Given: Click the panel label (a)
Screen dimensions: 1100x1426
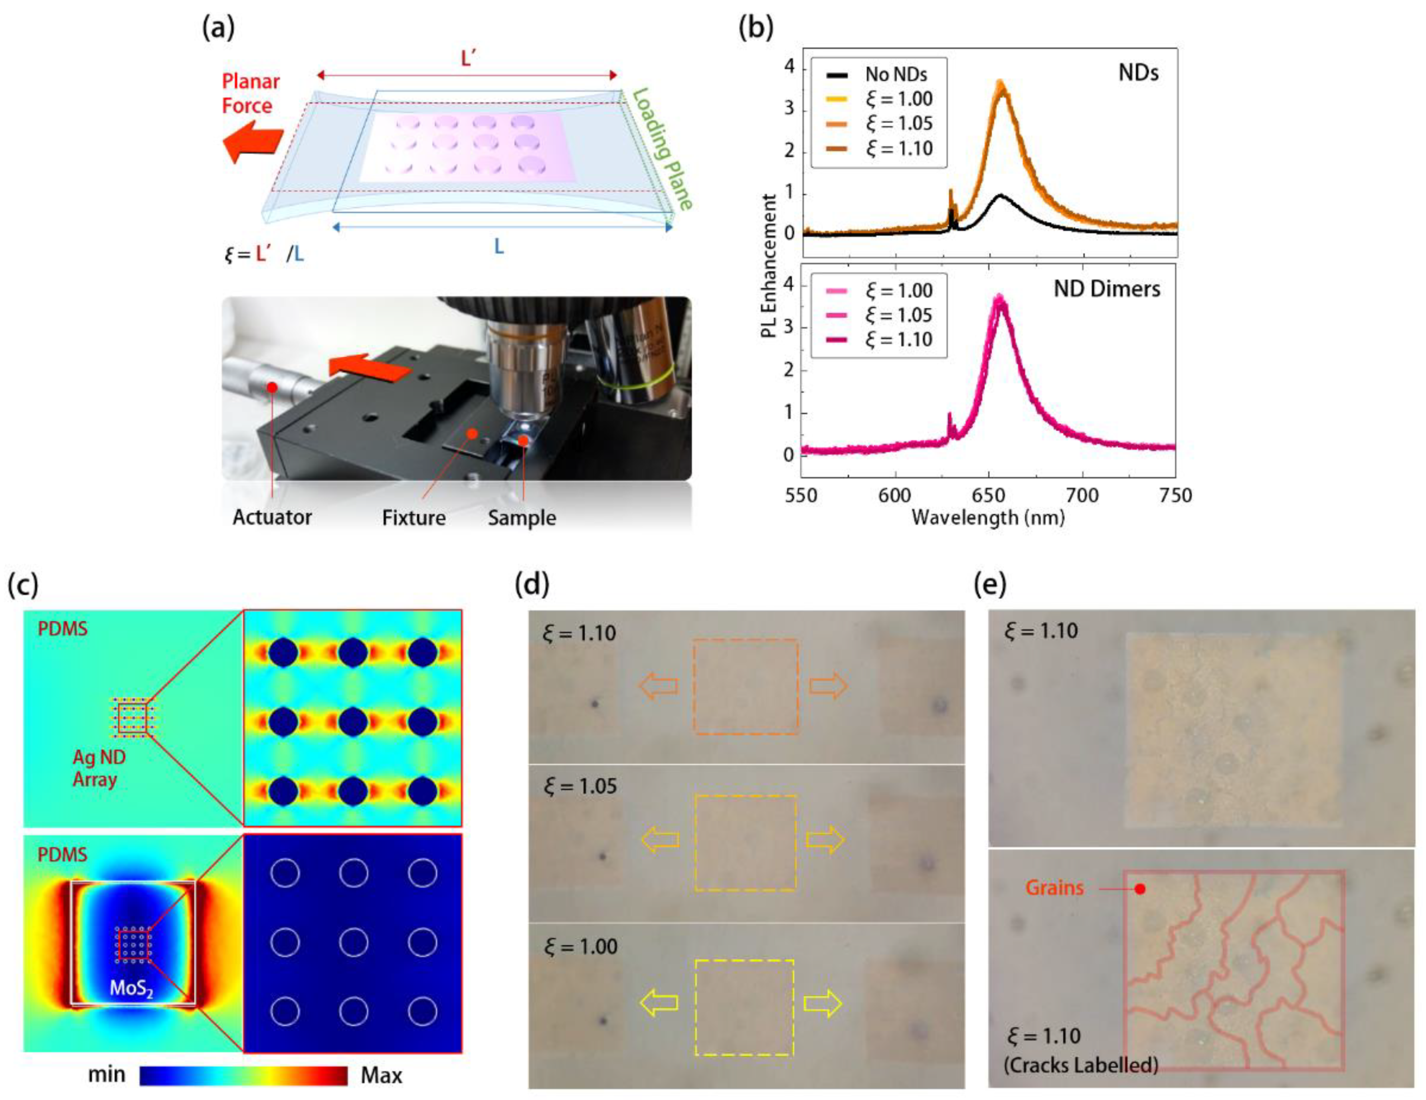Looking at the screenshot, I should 218,29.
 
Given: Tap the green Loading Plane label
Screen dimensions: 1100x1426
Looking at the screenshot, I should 661,149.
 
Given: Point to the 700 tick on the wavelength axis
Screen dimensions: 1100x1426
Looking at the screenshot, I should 1082,495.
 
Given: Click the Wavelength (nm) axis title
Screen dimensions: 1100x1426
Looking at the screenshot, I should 988,518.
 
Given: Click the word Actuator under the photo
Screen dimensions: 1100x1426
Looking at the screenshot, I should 272,517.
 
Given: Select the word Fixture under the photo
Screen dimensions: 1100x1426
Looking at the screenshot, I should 414,518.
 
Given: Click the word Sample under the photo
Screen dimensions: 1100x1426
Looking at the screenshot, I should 522,518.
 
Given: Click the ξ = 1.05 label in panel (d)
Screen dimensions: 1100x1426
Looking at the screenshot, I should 580,786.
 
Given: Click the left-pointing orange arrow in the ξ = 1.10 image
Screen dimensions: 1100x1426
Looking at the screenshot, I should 657,685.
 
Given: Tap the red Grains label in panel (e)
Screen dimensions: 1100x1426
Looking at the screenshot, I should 1054,888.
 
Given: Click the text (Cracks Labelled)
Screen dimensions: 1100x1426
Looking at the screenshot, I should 1081,1065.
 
